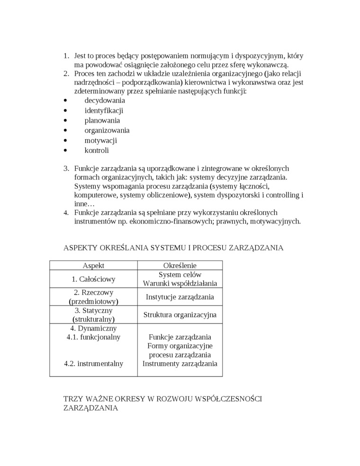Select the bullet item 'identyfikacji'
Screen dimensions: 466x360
coord(104,110)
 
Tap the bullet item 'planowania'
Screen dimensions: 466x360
coord(102,120)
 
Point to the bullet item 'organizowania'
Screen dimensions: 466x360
coord(107,130)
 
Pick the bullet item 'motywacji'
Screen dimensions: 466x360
coord(100,140)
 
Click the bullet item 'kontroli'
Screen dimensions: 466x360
coord(97,150)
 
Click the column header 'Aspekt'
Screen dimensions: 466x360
coord(93,266)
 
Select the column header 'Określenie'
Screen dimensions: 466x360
coord(180,266)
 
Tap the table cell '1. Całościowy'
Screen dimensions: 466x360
coord(93,279)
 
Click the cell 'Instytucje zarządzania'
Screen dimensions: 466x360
coord(180,297)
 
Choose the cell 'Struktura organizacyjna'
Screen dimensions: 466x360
coord(180,314)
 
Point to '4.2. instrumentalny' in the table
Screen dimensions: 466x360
coord(93,364)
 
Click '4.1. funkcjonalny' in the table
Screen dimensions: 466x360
coord(93,337)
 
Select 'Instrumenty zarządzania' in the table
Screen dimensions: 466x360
coord(180,364)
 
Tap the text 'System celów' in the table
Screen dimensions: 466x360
coord(180,275)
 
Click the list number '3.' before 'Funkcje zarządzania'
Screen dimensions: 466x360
coord(66,168)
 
